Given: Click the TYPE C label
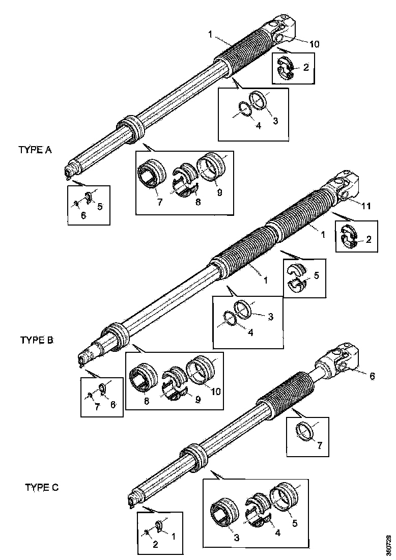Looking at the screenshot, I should (x=42, y=487).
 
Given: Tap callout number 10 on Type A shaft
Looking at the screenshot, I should (x=314, y=44).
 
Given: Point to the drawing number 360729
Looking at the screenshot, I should (x=389, y=544).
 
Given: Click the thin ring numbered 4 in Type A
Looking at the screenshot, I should (x=245, y=110).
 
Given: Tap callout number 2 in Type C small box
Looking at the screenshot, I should (x=155, y=545).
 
